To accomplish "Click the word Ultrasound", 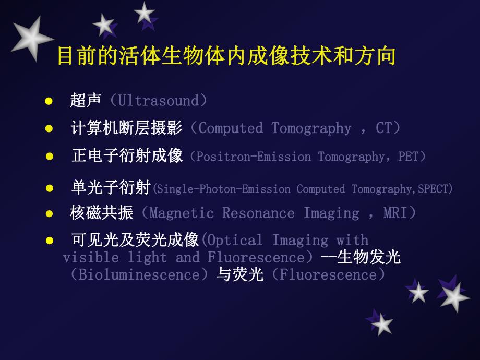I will pyautogui.click(x=159, y=100).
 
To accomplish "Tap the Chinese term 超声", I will pyautogui.click(x=86, y=100).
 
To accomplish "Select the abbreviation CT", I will pyautogui.click(x=383, y=128).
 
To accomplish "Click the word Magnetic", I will pyautogui.click(x=182, y=213).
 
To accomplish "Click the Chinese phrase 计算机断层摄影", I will pyautogui.click(x=126, y=128).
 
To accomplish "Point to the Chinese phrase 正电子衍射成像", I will pyautogui.click(x=127, y=156).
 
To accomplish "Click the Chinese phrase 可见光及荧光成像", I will pyautogui.click(x=135, y=240).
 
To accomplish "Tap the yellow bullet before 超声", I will pyautogui.click(x=49, y=101).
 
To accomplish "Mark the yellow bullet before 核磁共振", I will pyautogui.click(x=49, y=213).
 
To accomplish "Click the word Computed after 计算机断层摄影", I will pyautogui.click(x=231, y=128).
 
